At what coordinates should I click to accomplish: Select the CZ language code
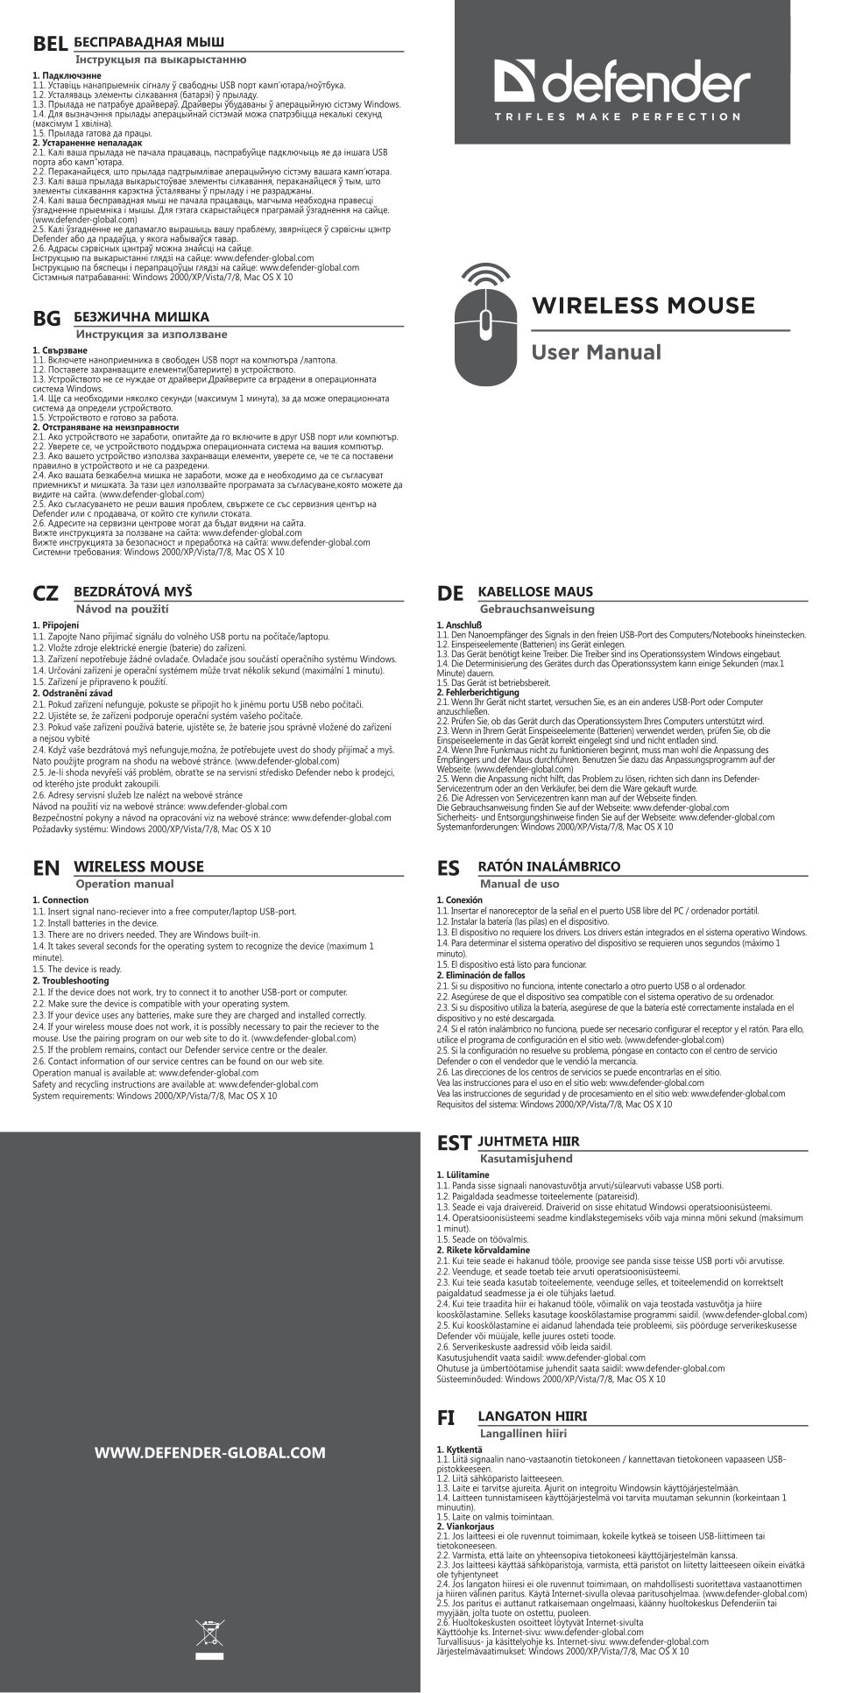[46, 594]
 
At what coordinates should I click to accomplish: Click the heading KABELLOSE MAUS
[535, 592]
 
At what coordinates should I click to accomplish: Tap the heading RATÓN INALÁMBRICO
[549, 866]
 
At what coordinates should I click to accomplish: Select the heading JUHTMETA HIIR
[528, 1142]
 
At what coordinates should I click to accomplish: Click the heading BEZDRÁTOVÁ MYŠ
[133, 592]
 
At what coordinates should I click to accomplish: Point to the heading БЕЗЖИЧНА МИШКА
[141, 317]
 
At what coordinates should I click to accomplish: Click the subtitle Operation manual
[124, 885]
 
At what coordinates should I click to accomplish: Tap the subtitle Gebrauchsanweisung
[536, 610]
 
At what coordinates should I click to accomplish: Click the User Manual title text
[597, 353]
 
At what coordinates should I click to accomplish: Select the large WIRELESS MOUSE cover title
[643, 306]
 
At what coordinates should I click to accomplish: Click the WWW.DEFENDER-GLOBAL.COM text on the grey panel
[209, 1453]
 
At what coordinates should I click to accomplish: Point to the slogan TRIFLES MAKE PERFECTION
[618, 116]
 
